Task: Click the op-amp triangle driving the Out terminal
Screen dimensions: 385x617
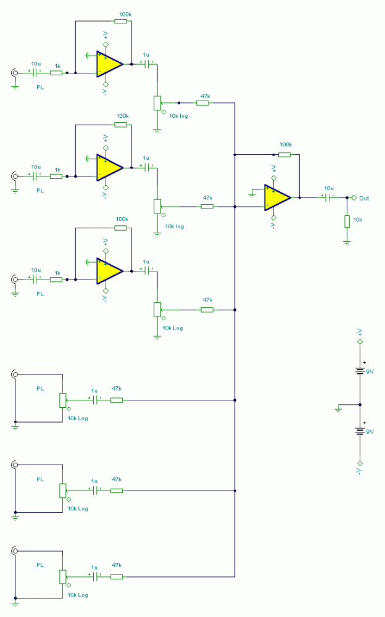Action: point(278,197)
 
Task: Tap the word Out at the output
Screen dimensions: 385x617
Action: point(364,198)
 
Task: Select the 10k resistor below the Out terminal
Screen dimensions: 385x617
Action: point(347,222)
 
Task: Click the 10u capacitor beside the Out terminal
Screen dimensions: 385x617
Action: point(328,197)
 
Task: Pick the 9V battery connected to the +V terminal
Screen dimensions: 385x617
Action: point(360,371)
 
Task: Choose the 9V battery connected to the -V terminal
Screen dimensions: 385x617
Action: point(360,431)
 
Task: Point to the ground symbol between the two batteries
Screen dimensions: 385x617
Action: point(338,409)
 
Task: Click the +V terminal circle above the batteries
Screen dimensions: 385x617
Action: point(360,342)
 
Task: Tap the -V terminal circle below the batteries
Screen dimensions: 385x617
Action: point(360,463)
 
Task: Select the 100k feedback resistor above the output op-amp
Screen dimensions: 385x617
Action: point(284,155)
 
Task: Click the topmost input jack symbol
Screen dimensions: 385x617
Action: point(15,73)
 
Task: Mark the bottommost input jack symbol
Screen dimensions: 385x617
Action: point(15,551)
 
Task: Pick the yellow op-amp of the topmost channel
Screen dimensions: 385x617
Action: point(110,64)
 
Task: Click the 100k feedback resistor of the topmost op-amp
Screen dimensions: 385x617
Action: point(121,21)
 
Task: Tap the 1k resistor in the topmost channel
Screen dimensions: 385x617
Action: point(56,73)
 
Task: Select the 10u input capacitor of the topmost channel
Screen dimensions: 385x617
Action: point(35,73)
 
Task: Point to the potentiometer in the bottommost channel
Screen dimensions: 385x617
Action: point(62,577)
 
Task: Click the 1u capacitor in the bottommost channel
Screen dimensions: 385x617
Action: point(94,577)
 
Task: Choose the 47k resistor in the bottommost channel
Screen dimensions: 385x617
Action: point(117,577)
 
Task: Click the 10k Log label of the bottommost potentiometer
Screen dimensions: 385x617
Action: point(78,595)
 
